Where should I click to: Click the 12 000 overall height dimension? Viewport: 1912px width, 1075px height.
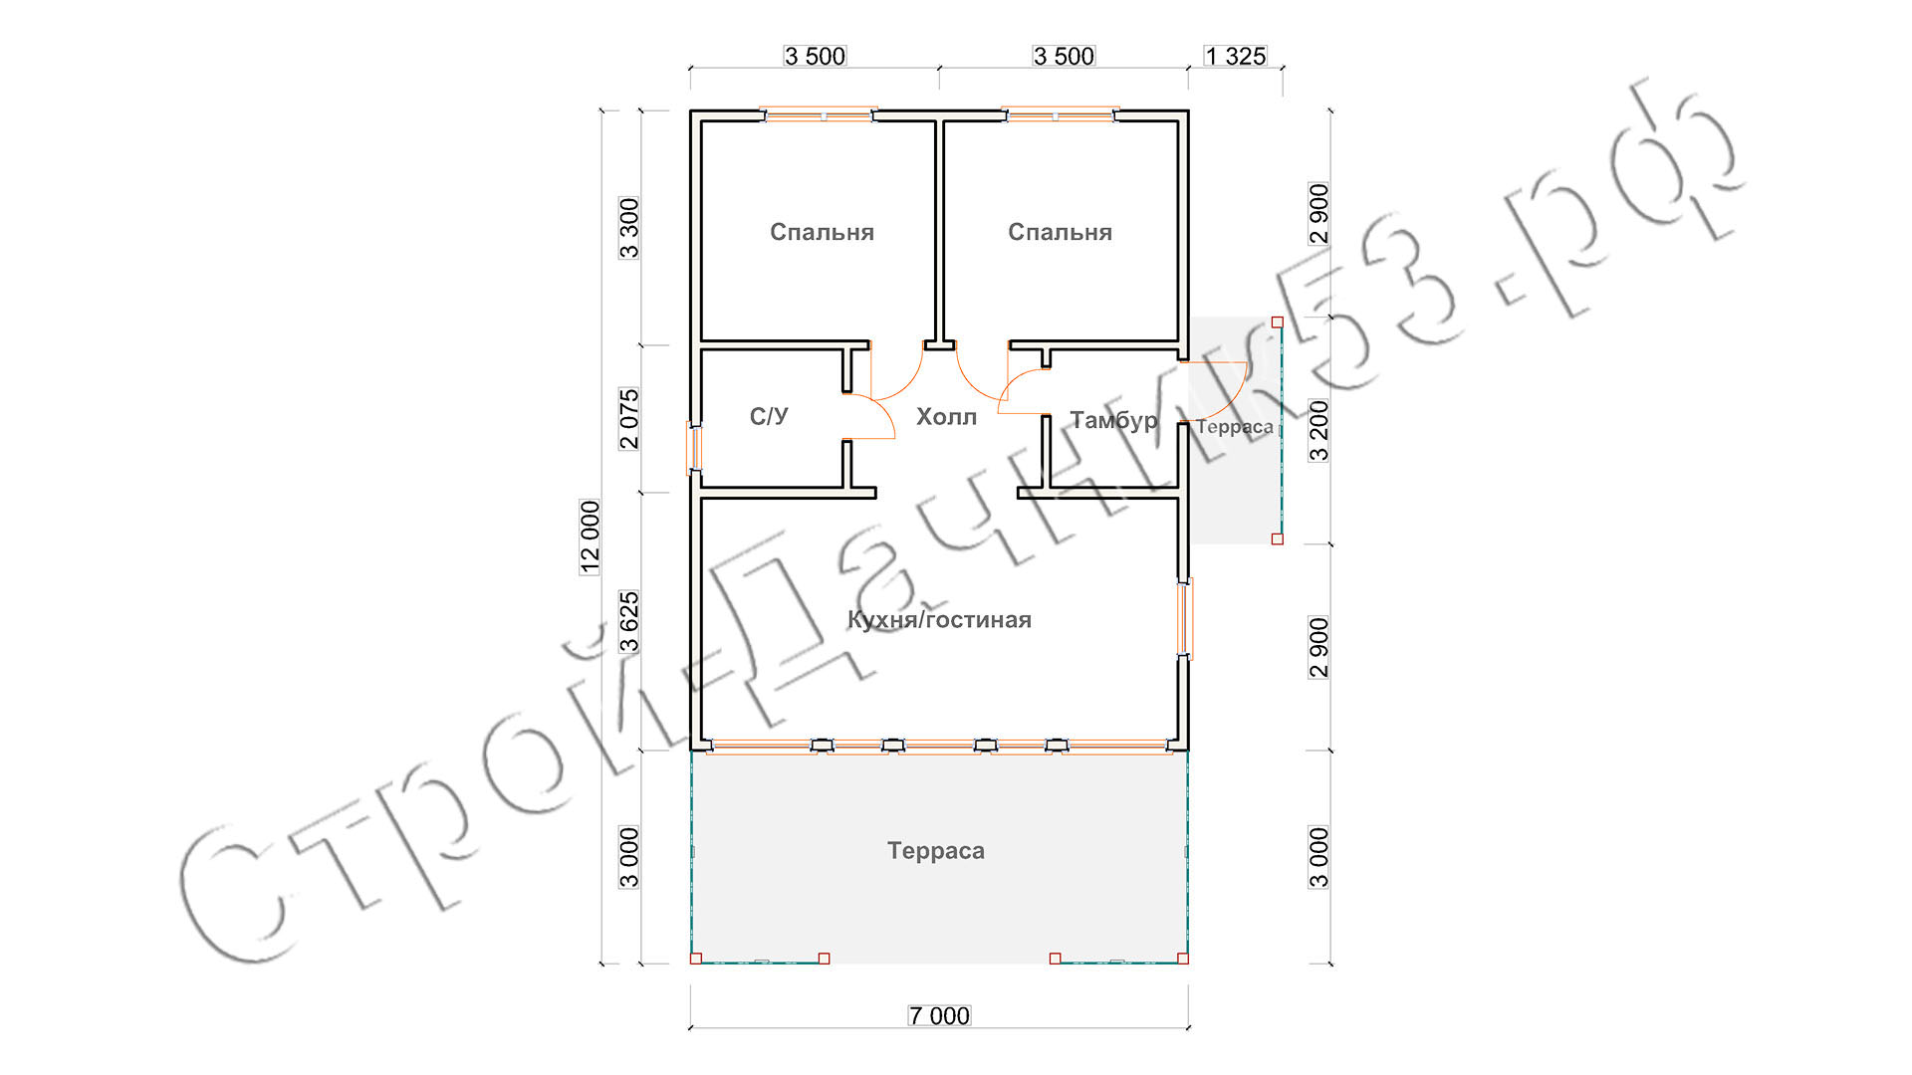[591, 537]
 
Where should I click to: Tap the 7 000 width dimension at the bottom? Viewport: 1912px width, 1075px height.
[939, 1015]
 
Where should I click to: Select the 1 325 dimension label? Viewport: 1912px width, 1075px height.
[1235, 56]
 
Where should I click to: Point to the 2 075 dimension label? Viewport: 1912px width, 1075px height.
[629, 419]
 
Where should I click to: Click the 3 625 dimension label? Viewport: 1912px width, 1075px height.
[629, 622]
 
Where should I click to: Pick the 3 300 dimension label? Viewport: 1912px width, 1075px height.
[629, 228]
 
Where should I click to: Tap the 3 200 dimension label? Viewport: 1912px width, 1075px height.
[1318, 431]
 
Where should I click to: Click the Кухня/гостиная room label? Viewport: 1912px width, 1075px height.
[939, 619]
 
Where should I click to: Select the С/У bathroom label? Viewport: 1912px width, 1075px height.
[769, 416]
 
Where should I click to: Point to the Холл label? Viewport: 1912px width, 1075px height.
[946, 416]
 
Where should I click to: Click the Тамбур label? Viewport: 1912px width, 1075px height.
[1113, 420]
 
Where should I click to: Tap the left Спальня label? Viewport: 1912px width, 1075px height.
[822, 232]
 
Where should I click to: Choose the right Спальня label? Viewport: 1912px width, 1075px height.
[1060, 232]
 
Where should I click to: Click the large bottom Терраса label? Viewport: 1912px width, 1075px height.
[936, 851]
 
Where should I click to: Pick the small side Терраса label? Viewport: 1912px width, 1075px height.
[1235, 427]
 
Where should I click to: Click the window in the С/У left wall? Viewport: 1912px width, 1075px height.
[695, 448]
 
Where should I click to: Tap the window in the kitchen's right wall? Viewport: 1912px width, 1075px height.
[1184, 618]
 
